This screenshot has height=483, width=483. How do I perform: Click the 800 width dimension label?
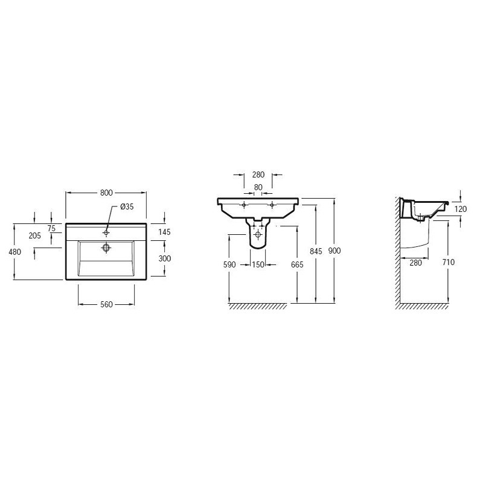click(106, 193)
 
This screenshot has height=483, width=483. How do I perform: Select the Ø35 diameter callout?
click(127, 206)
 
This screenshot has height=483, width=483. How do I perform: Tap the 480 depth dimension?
click(14, 252)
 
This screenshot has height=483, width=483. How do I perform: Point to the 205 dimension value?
click(35, 235)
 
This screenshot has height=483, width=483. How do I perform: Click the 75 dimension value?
click(51, 228)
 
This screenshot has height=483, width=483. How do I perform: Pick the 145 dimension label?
click(164, 232)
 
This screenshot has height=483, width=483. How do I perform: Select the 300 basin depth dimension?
click(164, 258)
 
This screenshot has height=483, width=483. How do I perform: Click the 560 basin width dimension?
click(107, 305)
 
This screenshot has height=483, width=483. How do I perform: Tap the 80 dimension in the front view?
click(258, 187)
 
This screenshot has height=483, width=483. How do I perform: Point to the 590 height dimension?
click(229, 264)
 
